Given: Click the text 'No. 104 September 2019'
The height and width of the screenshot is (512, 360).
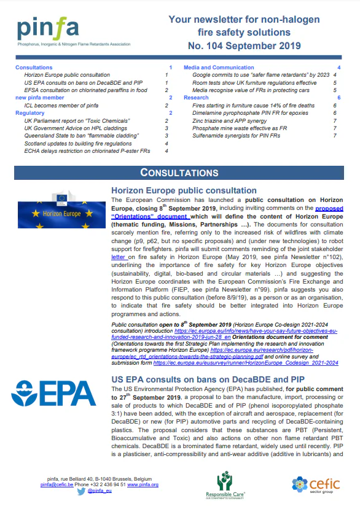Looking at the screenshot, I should click(x=244, y=45).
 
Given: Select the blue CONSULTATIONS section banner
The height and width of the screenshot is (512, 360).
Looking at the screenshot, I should click(x=179, y=173).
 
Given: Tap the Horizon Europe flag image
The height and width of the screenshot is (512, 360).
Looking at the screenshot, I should click(x=60, y=212).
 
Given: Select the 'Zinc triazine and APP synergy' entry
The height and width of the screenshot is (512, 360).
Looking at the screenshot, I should click(x=232, y=120).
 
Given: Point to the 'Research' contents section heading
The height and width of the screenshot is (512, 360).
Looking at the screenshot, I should click(x=196, y=98).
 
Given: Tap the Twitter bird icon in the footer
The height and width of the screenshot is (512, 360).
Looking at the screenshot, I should click(x=80, y=492).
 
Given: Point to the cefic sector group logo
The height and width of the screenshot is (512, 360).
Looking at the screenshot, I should click(x=317, y=484).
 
